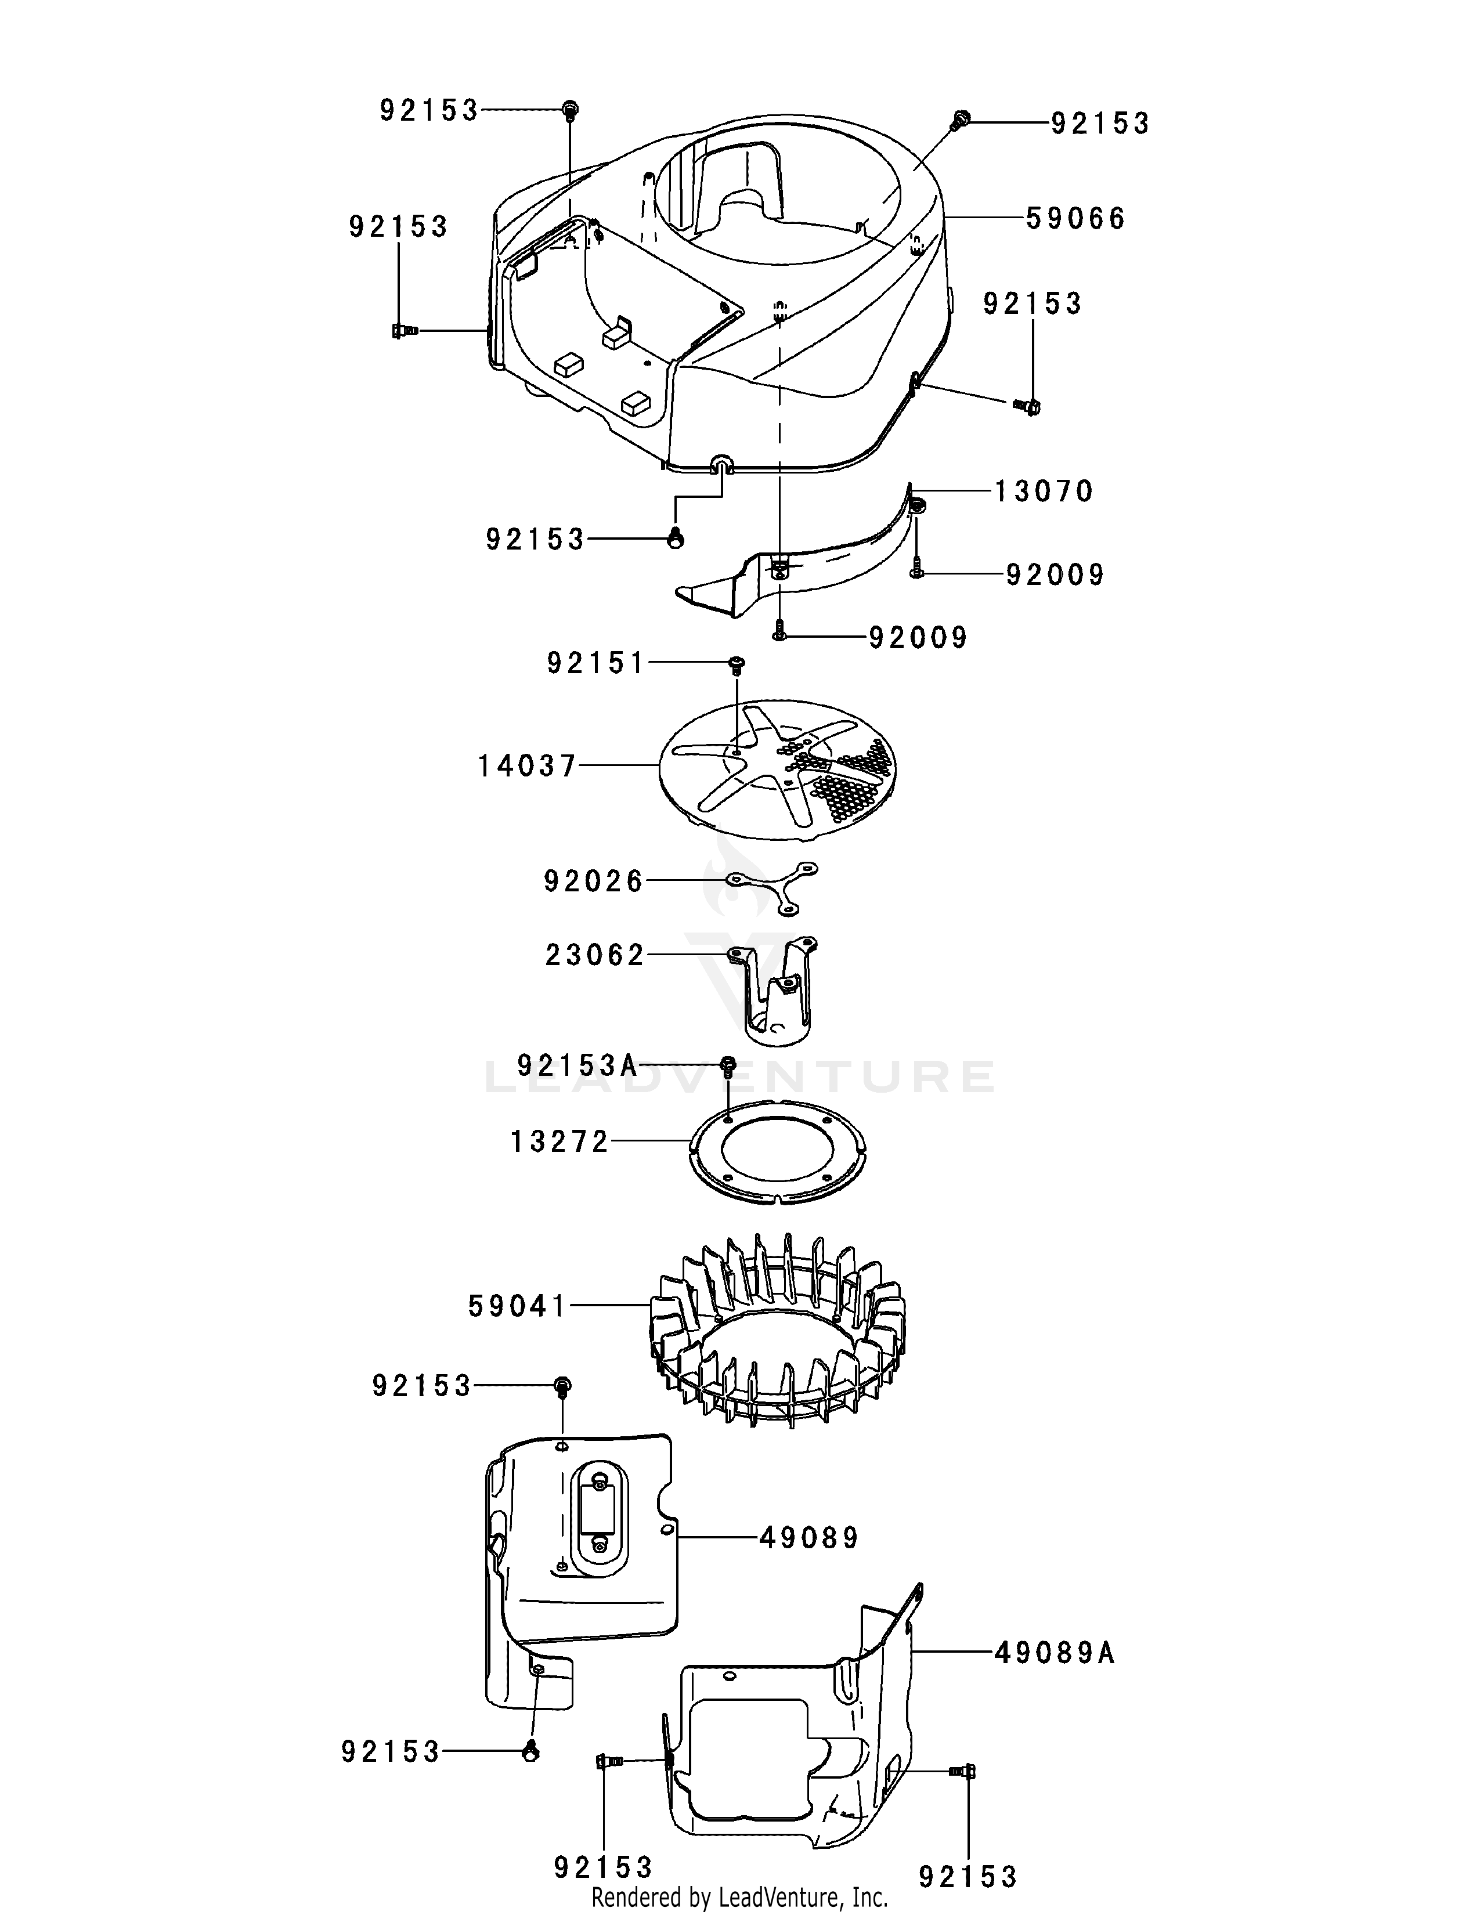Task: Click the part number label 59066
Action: click(x=1075, y=218)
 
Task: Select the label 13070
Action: click(x=1044, y=491)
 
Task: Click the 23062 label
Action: click(x=594, y=955)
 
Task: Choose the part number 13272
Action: click(x=559, y=1141)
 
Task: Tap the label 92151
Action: click(x=596, y=663)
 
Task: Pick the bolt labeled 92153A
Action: click(x=727, y=1066)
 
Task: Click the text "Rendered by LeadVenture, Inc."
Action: click(x=740, y=1898)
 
